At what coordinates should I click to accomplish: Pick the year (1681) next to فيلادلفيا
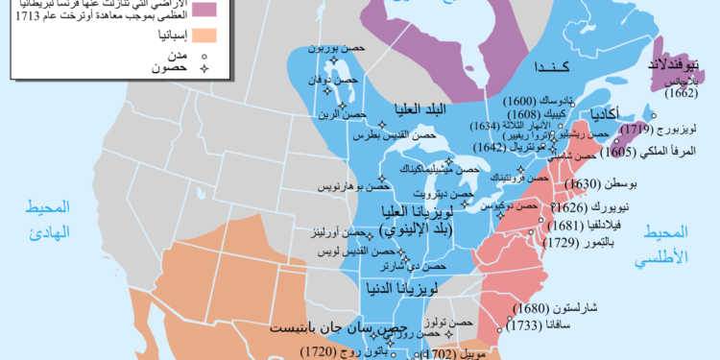571,226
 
